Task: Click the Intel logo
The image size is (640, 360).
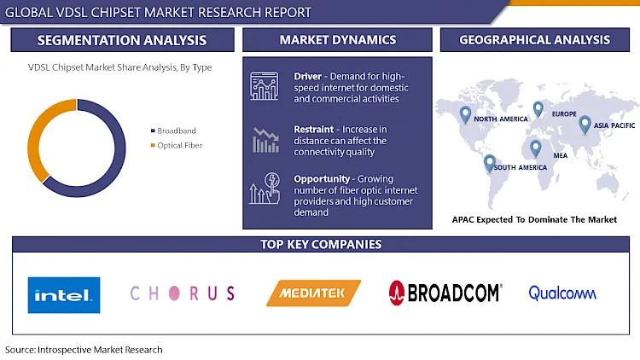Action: [x=64, y=295]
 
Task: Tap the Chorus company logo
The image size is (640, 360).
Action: [x=183, y=293]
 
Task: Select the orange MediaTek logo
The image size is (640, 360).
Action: [x=313, y=293]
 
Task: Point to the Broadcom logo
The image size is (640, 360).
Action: [x=445, y=293]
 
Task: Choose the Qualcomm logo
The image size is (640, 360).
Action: [x=562, y=293]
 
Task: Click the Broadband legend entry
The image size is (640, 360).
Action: [x=173, y=131]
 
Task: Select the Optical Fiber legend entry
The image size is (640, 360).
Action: [x=177, y=145]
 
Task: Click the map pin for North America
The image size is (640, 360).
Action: [x=465, y=114]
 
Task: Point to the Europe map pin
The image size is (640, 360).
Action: [x=538, y=109]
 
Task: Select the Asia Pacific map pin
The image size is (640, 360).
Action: [x=585, y=125]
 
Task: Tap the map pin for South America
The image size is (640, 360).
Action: [x=490, y=163]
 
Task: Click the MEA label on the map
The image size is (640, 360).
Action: [x=561, y=155]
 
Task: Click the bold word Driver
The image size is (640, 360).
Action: [x=308, y=76]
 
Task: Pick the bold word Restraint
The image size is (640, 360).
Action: [x=313, y=130]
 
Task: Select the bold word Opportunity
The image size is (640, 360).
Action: [x=322, y=179]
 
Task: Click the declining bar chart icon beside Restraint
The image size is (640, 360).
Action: [x=265, y=140]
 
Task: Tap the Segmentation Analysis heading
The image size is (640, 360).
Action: [x=122, y=40]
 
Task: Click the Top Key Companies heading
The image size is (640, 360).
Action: [x=321, y=244]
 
